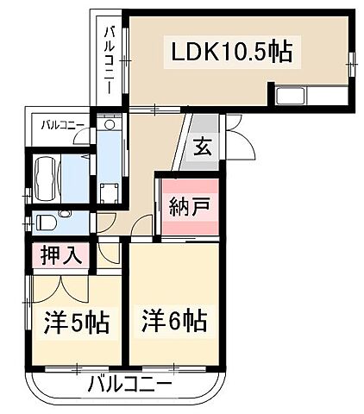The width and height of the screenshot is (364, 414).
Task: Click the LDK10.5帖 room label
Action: coord(230,52)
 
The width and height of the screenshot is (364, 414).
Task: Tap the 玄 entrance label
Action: coord(201,146)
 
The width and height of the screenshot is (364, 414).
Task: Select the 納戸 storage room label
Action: coord(186,209)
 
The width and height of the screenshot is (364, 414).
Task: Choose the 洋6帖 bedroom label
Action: coord(173,321)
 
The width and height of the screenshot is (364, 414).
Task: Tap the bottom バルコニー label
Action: coord(130,383)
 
